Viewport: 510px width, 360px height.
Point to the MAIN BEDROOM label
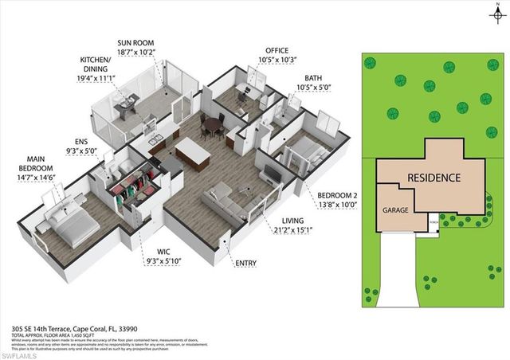pos(37,173)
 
